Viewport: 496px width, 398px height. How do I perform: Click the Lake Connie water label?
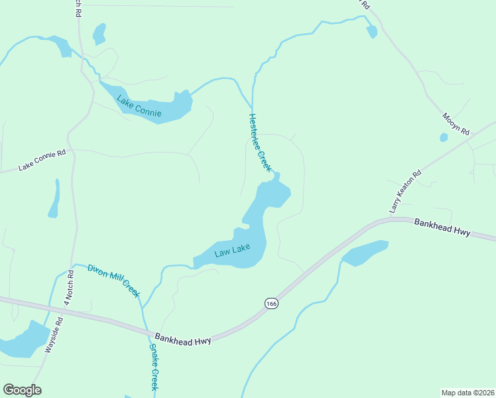139,107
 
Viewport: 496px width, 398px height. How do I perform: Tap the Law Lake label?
232,252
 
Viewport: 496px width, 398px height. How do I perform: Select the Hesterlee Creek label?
260,143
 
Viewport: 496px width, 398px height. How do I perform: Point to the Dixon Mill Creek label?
114,279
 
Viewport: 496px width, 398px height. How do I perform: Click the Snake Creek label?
153,367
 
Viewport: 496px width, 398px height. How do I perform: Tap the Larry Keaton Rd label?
405,192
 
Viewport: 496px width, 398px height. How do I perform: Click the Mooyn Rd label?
456,122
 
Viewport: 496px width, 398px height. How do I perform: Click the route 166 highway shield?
271,303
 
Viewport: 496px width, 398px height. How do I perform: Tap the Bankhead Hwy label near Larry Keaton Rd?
442,228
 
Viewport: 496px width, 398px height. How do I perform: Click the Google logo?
22,390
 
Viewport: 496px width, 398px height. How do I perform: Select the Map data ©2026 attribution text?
467,392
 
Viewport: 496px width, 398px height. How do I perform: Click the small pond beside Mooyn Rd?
444,138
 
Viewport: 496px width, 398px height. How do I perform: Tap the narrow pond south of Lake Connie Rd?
54,200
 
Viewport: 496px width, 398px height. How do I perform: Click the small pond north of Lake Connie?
99,33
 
